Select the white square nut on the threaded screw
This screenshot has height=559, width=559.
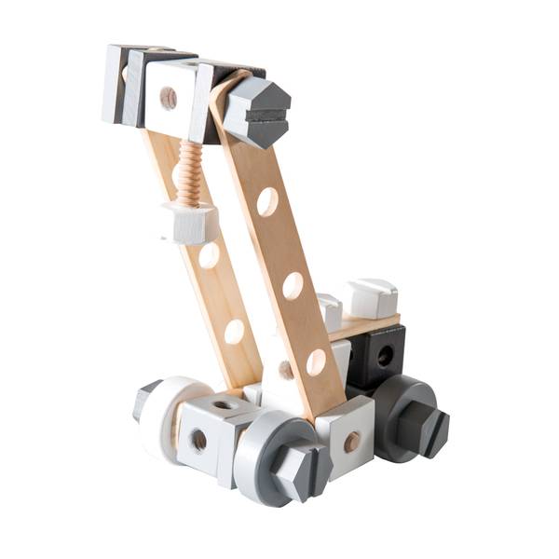click(190, 224)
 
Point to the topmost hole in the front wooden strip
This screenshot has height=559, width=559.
click(267, 202)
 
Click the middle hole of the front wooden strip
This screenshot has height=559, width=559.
click(293, 285)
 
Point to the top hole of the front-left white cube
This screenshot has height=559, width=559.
click(225, 403)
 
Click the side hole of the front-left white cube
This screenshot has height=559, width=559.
click(198, 441)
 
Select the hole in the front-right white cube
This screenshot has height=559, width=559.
click(351, 441)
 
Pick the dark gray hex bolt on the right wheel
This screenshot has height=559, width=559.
click(424, 430)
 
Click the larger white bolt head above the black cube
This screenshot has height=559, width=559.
click(372, 297)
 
